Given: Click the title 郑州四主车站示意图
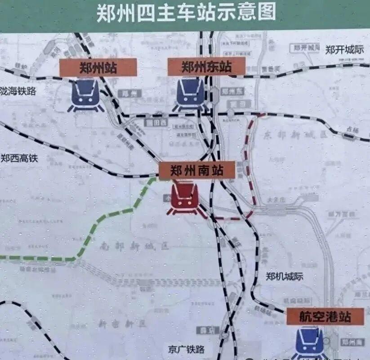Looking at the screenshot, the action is tap(186, 13).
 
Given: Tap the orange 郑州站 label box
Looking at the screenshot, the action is tap(98, 67).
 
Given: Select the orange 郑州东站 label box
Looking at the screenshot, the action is tap(206, 67).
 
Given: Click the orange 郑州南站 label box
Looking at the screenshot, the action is tap(197, 171).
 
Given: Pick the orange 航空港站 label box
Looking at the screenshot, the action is tap(325, 316).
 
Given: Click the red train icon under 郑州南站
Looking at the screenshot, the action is tap(183, 198).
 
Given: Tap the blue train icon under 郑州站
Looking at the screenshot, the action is tap(86, 95).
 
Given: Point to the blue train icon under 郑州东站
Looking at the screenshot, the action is tap(190, 94).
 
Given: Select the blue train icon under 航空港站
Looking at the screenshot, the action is tap(310, 343).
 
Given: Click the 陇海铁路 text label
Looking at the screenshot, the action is tap(18, 91).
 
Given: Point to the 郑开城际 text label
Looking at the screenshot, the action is tap(344, 49).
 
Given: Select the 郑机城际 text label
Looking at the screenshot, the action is tap(285, 276).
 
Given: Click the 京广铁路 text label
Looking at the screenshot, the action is tap(187, 349).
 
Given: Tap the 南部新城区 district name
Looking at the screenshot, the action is tap(134, 246).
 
